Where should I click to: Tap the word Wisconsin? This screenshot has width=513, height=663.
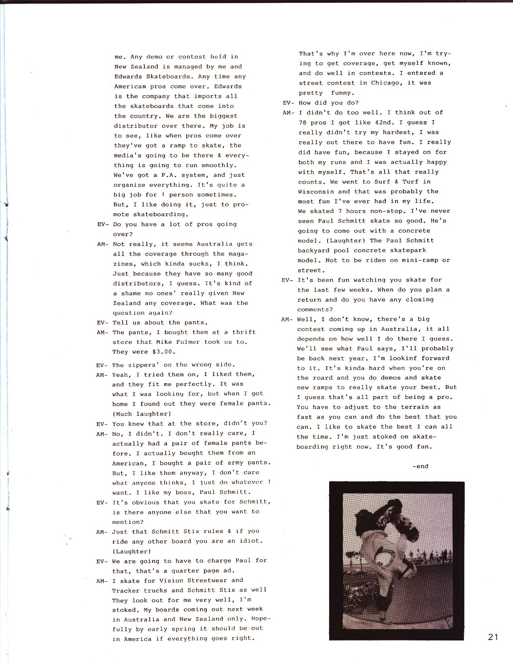coord(316,192)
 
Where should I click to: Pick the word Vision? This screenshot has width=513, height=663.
coord(174,580)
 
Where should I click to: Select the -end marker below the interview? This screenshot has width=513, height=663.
coord(420,466)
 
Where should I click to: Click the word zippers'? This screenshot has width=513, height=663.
coord(144,365)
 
